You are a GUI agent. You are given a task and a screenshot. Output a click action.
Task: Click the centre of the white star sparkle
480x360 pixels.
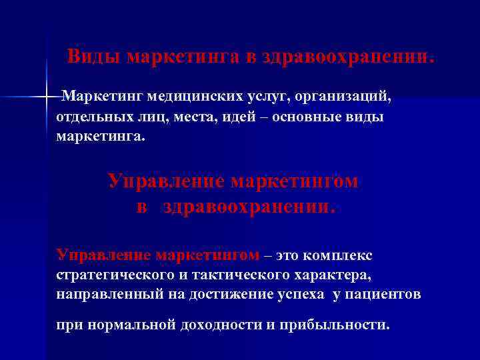pyautogui.click(x=47, y=98)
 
